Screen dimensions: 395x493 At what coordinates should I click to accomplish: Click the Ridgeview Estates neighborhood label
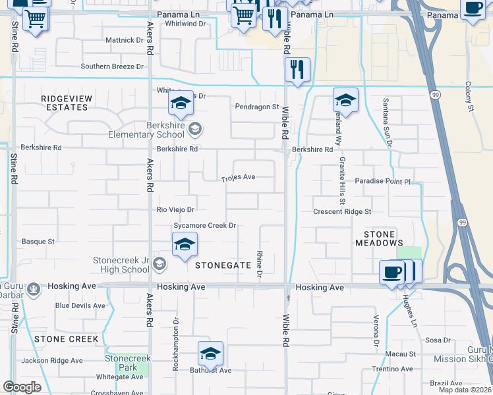[67, 103]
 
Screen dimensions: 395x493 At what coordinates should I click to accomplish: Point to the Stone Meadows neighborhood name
[379, 238]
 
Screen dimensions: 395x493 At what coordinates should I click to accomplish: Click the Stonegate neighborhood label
[223, 265]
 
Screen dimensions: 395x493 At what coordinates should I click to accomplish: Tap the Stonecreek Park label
[128, 363]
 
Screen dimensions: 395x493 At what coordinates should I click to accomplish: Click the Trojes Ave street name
[238, 177]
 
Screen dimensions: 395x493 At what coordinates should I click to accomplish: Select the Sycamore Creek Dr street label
[204, 226]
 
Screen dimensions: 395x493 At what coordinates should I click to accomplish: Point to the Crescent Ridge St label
[342, 212]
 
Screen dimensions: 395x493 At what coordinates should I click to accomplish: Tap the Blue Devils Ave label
[80, 305]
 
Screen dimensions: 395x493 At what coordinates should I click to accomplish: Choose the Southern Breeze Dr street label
[112, 66]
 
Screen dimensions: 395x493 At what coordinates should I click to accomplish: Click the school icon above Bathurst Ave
[210, 353]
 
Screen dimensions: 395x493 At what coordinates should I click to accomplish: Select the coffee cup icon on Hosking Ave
[392, 272]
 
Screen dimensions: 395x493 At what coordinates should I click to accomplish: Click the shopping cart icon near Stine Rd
[35, 20]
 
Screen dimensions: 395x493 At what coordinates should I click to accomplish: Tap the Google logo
[22, 387]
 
